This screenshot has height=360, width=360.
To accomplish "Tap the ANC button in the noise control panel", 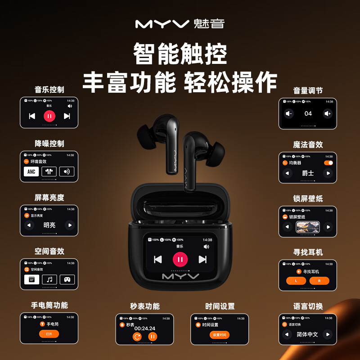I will click(x=31, y=171).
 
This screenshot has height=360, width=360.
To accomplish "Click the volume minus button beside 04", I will click(x=289, y=113).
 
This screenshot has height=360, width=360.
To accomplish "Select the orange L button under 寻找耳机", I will click(x=296, y=281).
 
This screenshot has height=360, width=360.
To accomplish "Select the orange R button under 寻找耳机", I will click(x=319, y=281).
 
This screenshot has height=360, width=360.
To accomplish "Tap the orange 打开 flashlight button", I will click(x=49, y=334).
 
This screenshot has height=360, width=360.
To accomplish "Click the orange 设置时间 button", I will click(x=220, y=334).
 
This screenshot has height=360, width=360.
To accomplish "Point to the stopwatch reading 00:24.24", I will click(x=144, y=328).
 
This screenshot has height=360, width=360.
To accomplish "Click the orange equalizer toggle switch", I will click(x=328, y=163).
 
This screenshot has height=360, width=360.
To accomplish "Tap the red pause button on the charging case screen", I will click(x=180, y=259).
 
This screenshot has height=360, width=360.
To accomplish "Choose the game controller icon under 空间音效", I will click(x=67, y=279).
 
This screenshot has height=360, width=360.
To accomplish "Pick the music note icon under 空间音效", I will click(x=49, y=279).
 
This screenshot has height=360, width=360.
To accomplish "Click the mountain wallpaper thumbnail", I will click(x=308, y=227).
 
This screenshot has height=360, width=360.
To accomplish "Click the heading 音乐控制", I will click(x=49, y=89).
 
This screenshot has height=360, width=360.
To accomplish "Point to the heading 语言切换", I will click(x=308, y=306).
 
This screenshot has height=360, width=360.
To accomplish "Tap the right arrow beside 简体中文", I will click(x=328, y=334).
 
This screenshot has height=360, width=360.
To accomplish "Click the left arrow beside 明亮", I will click(x=30, y=225).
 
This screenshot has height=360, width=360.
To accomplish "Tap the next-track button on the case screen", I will click(x=202, y=259).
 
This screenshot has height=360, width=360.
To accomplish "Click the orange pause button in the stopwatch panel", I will click(x=153, y=336).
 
